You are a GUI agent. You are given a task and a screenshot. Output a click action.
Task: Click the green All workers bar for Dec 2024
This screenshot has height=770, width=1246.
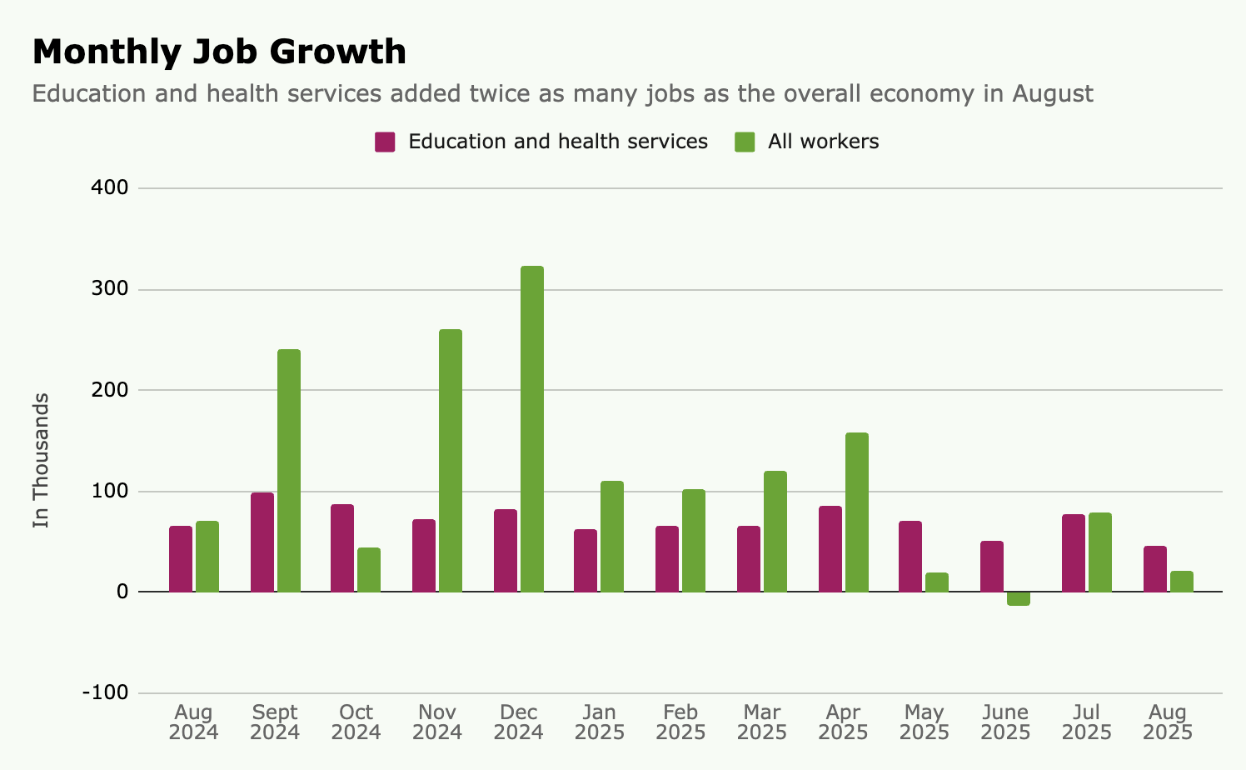click(x=532, y=429)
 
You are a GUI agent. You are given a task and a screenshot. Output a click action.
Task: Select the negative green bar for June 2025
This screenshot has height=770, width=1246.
click(x=1019, y=598)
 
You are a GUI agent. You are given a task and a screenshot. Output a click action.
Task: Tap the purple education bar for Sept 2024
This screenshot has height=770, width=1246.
click(x=262, y=542)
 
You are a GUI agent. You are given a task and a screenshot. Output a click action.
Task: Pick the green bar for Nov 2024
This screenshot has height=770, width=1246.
click(x=451, y=461)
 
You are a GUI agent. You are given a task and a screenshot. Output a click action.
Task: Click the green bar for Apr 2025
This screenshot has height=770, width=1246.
click(x=857, y=512)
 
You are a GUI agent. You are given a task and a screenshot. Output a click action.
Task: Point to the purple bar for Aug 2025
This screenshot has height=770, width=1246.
click(x=1155, y=569)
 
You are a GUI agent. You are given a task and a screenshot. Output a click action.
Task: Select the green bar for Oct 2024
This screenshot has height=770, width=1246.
click(x=369, y=570)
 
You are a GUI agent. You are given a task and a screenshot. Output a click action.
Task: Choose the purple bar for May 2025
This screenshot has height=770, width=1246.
click(x=910, y=557)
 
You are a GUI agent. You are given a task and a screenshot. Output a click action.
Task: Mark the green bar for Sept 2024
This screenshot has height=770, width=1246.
click(x=289, y=471)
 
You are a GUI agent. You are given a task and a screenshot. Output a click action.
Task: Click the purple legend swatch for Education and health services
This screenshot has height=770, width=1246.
click(x=385, y=142)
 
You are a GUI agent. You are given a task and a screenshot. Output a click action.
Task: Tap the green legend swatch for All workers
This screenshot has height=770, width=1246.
click(x=745, y=142)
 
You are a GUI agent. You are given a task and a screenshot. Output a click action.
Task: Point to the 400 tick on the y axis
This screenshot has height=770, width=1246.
click(x=110, y=188)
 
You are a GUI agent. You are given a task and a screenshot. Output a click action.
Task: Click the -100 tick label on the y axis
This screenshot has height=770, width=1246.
click(x=105, y=693)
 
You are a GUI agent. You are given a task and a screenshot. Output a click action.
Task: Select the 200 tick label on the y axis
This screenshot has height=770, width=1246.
click(x=110, y=390)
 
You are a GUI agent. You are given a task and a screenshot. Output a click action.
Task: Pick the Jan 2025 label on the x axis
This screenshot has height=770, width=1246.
click(x=600, y=722)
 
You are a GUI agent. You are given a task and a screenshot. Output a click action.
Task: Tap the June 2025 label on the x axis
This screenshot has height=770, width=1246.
click(x=1005, y=722)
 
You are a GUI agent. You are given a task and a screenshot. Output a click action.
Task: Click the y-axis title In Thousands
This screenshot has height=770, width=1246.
click(x=42, y=460)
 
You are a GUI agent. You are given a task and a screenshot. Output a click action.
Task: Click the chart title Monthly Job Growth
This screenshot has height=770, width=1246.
click(x=219, y=52)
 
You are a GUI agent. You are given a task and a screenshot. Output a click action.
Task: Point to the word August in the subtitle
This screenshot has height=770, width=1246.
click(x=1052, y=93)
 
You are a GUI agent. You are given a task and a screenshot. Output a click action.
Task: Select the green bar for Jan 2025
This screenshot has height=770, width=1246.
click(x=612, y=537)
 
